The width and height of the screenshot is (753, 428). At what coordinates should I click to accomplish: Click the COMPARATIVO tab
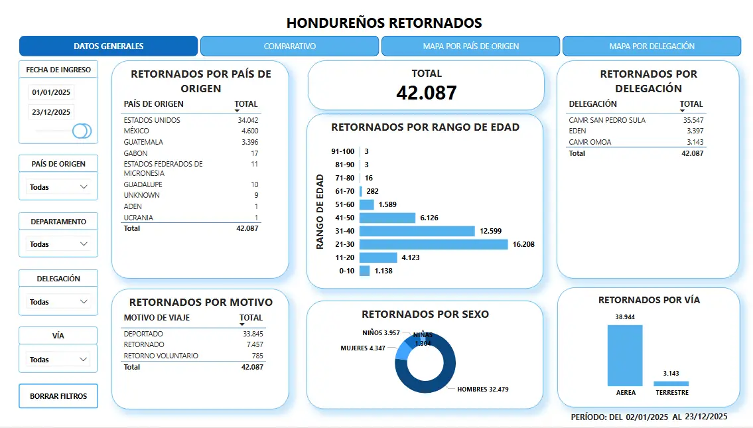[290, 46]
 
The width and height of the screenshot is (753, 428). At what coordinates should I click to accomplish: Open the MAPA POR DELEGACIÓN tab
[651, 46]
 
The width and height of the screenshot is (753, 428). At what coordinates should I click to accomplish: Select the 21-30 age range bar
[433, 244]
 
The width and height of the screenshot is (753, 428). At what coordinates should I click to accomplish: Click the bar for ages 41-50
[387, 218]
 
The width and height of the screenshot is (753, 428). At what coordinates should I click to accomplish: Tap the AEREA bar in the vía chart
[625, 355]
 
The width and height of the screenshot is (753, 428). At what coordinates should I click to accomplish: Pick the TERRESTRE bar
[671, 383]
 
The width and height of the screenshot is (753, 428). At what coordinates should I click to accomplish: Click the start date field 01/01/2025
[51, 92]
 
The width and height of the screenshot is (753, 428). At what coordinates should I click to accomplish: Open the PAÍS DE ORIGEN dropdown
[58, 187]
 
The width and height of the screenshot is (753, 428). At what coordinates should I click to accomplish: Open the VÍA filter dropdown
[58, 360]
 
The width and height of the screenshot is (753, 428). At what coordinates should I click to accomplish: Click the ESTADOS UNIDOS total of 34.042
[247, 120]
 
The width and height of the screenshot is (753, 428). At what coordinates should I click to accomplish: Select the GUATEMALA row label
[143, 142]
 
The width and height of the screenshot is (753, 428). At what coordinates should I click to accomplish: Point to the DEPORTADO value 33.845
[253, 334]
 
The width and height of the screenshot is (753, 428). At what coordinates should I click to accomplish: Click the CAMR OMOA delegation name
[590, 142]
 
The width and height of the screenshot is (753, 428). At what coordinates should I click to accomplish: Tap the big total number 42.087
[426, 93]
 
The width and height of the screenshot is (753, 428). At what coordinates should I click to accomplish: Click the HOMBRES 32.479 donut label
[483, 389]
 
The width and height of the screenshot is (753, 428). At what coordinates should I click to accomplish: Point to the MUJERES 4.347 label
[364, 348]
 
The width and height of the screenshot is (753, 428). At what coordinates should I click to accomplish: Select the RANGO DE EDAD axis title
[320, 212]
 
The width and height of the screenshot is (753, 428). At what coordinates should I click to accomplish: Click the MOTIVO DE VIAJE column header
[156, 318]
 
